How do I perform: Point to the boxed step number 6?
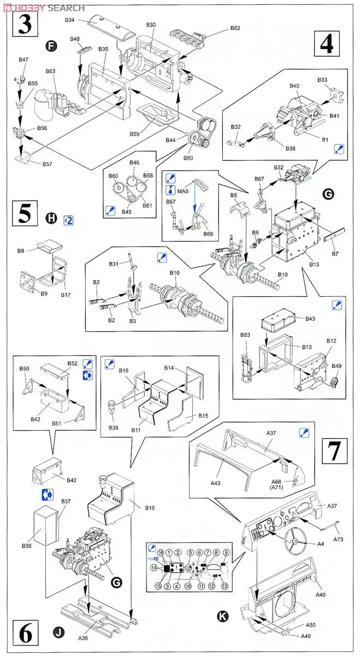[25, 635]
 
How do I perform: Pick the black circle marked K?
[222, 616]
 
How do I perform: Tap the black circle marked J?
[58, 633]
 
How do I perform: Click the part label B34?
[69, 20]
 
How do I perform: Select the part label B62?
[235, 28]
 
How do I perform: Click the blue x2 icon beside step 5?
[68, 220]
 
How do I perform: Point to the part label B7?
[336, 254]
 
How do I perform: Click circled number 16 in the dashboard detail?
[161, 553]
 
